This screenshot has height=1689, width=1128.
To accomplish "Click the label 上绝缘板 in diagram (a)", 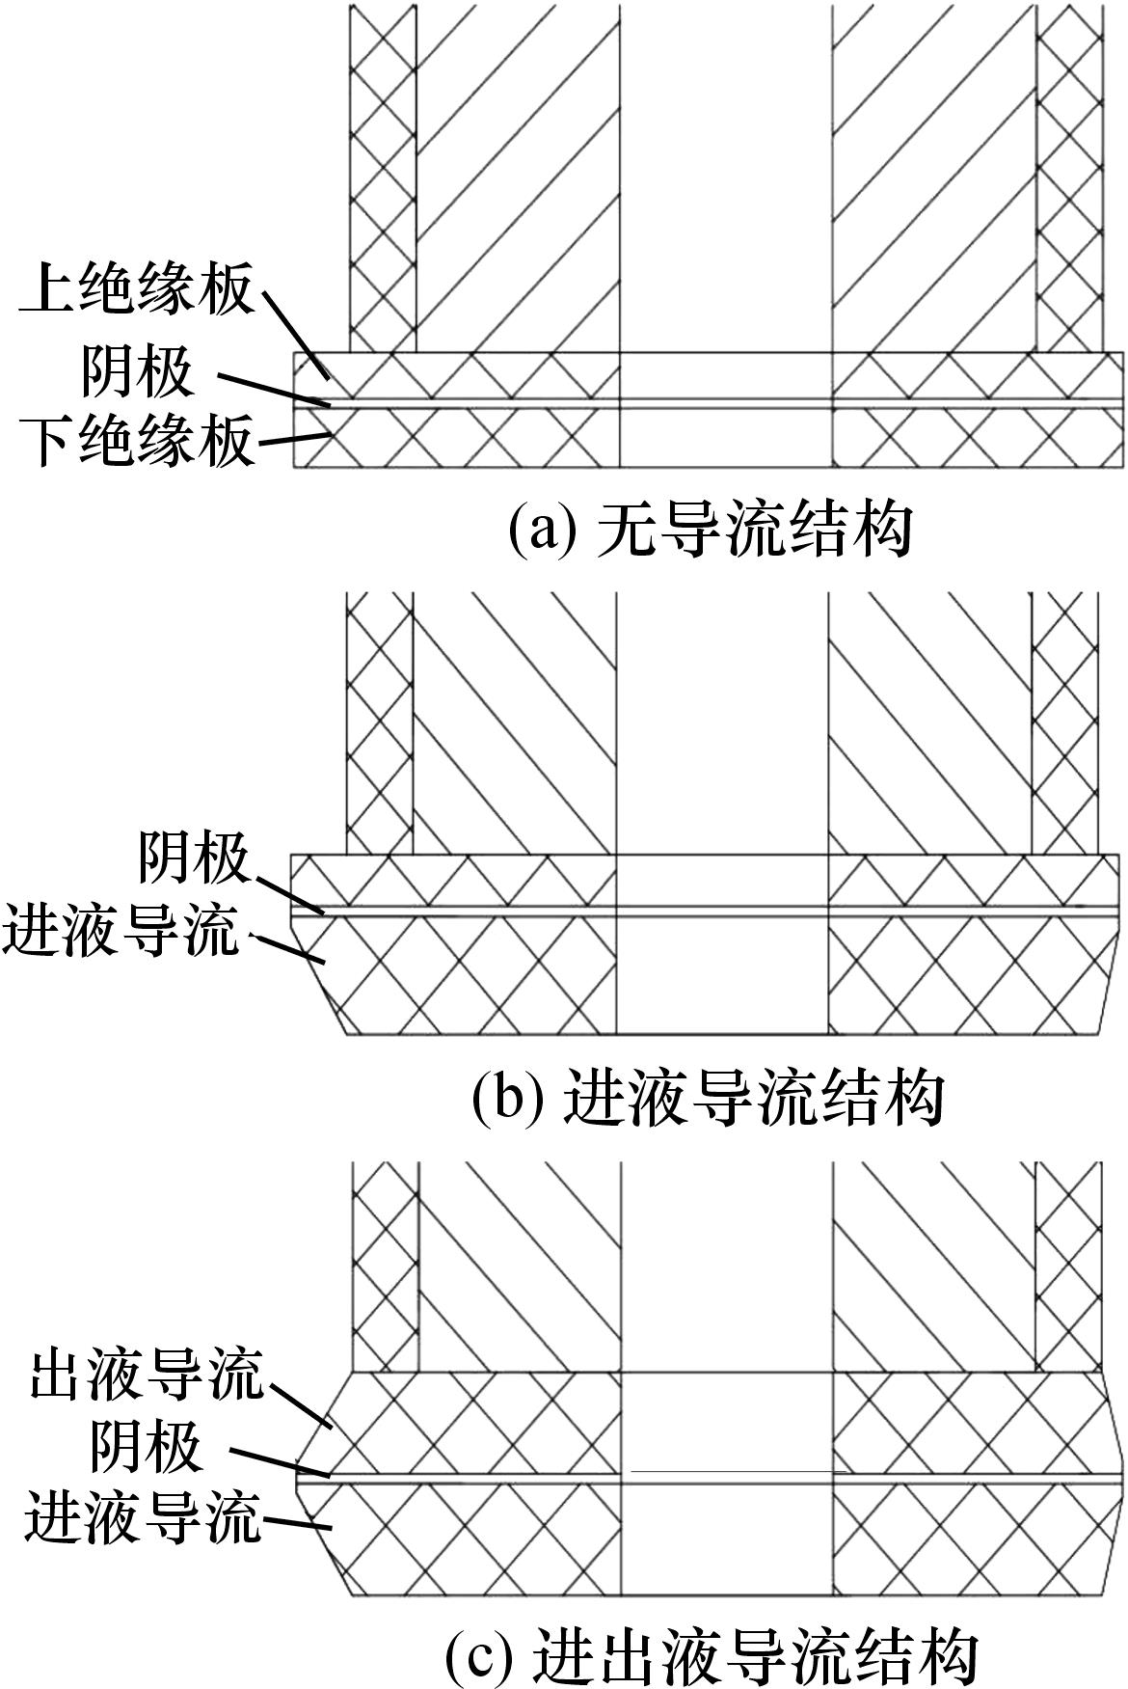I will (x=138, y=290).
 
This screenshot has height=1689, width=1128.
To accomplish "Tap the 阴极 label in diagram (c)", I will (x=146, y=1448).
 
